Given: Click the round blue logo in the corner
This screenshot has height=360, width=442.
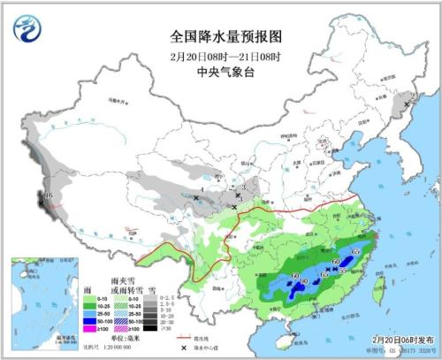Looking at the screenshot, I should point(27,29).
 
